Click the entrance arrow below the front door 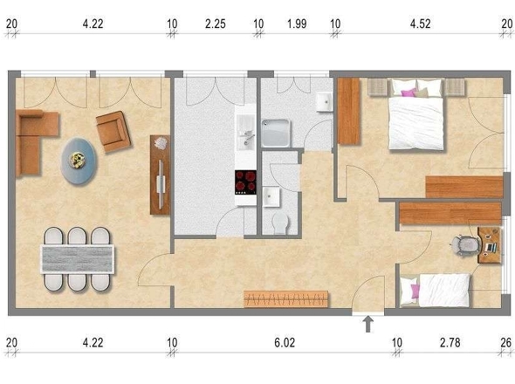(x=368, y=324)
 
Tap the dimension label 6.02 (x=285, y=343)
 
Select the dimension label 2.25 (x=215, y=24)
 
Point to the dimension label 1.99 (x=297, y=24)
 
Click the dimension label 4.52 (x=420, y=24)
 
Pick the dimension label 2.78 (x=450, y=343)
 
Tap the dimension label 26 (x=505, y=343)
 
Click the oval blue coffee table (x=79, y=161)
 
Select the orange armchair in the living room (x=113, y=132)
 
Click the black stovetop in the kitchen (x=245, y=182)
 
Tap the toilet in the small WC (x=280, y=223)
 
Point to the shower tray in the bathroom (x=276, y=133)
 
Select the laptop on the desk (x=491, y=247)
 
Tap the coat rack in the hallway (x=286, y=299)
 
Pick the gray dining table (x=77, y=259)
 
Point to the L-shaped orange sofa (x=35, y=142)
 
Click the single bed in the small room (x=435, y=290)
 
